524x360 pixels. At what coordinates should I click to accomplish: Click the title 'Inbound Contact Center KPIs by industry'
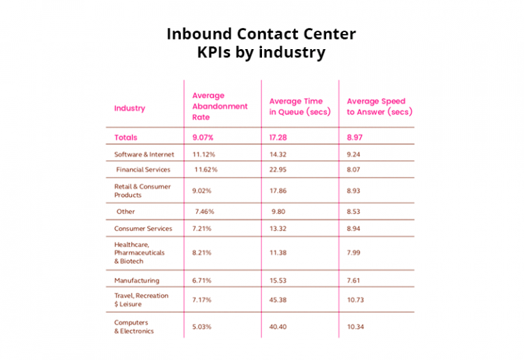[x=261, y=43]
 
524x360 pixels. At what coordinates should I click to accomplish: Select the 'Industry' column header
[x=129, y=108]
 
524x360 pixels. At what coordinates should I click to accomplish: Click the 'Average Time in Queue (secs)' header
[x=299, y=106]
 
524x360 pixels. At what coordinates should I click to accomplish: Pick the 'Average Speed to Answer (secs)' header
[x=379, y=106]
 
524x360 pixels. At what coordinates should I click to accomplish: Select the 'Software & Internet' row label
[x=144, y=155]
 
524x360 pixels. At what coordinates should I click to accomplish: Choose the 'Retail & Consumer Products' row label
[x=143, y=190]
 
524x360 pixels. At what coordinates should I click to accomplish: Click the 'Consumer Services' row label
[x=143, y=228]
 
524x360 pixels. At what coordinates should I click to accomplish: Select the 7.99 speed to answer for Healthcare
[x=355, y=252]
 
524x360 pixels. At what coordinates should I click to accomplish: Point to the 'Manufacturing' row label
[x=136, y=280]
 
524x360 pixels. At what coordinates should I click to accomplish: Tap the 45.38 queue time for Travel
[x=279, y=300]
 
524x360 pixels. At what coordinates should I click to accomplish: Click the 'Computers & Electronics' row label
[x=134, y=327]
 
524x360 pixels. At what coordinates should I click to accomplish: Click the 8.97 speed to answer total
[x=355, y=138]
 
